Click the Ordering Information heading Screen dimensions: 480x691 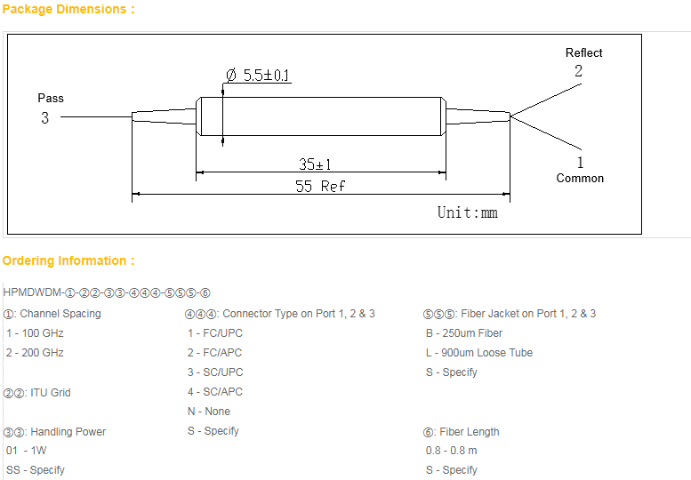click(68, 260)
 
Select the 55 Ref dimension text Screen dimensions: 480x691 click(320, 186)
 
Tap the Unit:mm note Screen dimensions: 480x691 click(467, 212)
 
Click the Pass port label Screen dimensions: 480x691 click(51, 98)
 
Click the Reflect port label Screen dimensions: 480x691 click(583, 53)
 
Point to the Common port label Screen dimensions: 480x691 click(580, 178)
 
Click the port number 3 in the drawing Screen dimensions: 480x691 click(44, 117)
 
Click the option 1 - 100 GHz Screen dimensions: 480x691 click(35, 333)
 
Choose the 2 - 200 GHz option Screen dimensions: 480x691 click(35, 353)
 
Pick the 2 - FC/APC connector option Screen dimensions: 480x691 click(214, 353)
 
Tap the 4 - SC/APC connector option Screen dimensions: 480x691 click(214, 392)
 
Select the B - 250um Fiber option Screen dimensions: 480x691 click(464, 333)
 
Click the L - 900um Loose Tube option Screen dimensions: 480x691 click(479, 353)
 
